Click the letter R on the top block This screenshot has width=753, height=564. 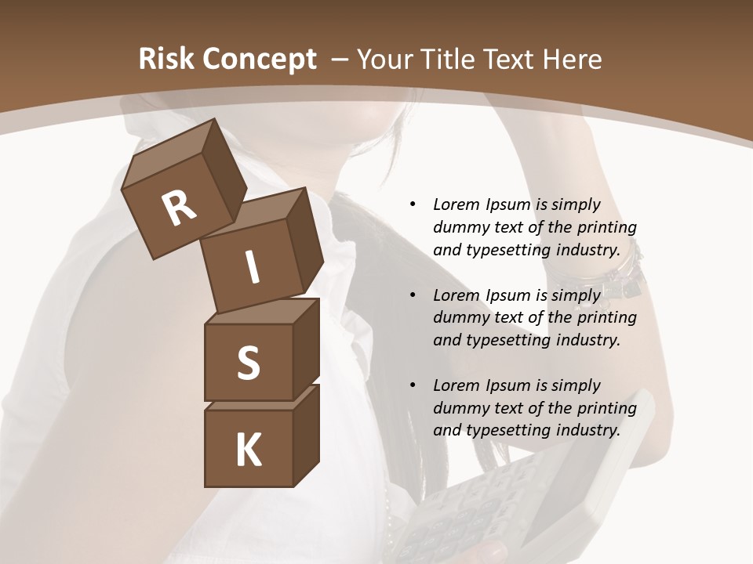[179, 209]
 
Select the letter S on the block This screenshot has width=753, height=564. [248, 363]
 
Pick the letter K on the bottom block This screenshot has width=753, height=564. [249, 450]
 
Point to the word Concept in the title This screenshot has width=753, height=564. [260, 60]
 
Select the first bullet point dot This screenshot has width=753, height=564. [413, 205]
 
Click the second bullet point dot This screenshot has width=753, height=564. [413, 295]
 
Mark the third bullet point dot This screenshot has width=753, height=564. [413, 385]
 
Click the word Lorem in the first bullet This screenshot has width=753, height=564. [456, 205]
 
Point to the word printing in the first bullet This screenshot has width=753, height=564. [607, 228]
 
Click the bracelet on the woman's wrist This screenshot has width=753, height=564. [620, 274]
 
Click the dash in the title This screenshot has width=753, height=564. [340, 60]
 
